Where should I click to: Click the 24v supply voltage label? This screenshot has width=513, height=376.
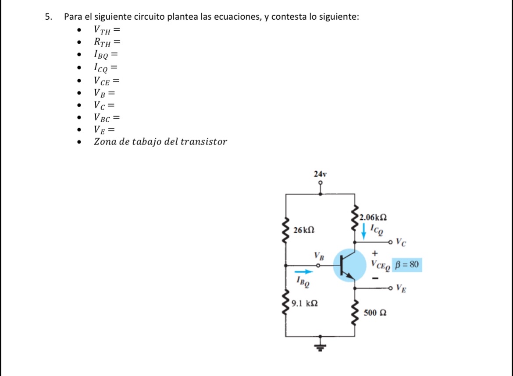click(x=321, y=174)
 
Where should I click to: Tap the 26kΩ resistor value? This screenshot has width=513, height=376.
click(x=304, y=230)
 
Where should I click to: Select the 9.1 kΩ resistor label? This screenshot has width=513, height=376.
click(x=305, y=302)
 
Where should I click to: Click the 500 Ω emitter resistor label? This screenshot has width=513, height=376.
click(x=375, y=313)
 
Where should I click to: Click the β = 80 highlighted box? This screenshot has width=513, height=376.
click(x=407, y=264)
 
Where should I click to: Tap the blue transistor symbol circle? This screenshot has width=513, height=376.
click(x=349, y=265)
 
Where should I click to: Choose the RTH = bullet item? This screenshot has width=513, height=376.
click(x=106, y=42)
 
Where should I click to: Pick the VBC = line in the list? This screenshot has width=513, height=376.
click(x=106, y=117)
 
